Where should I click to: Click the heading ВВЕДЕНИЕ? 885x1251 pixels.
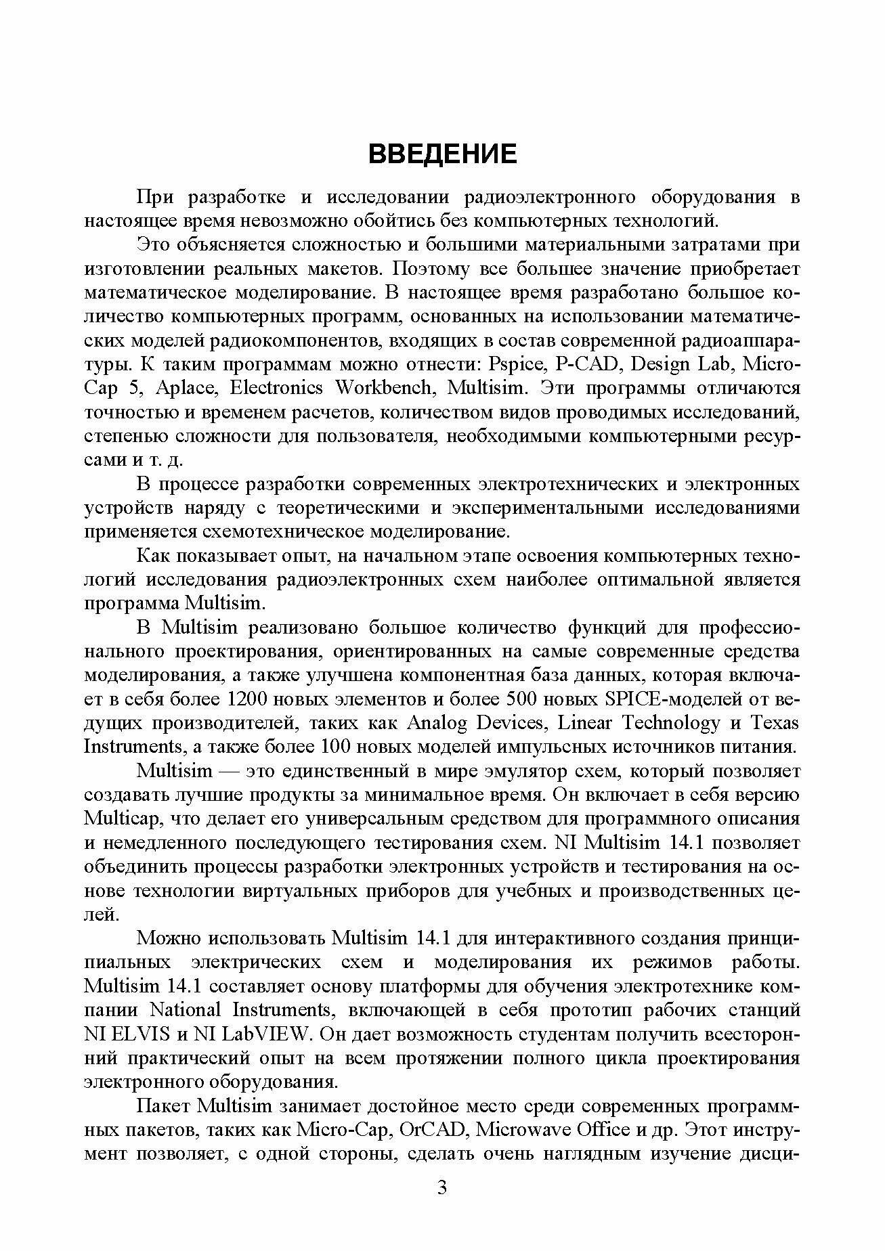(442, 154)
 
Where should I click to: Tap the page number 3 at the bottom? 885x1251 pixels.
(442, 1207)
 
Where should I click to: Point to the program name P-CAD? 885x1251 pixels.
(587, 365)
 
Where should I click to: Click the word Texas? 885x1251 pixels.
(776, 723)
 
